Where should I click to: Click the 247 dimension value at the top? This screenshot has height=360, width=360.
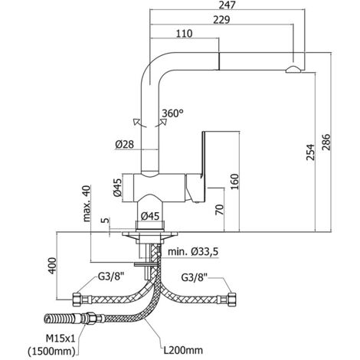[x=227, y=5]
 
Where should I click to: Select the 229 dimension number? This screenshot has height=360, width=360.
[x=221, y=20]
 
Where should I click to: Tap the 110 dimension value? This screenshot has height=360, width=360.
[x=185, y=34]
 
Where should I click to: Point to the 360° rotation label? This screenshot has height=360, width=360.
[x=173, y=113]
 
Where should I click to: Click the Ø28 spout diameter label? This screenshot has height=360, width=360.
[x=124, y=145]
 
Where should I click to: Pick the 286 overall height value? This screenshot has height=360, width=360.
[x=326, y=142]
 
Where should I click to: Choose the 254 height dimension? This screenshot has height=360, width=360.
[x=310, y=152]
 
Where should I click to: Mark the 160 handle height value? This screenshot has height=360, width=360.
[x=234, y=182]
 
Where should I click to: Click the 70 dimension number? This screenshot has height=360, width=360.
[x=219, y=209]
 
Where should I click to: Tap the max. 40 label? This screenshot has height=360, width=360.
[x=87, y=204]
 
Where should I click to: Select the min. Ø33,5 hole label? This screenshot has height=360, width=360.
[x=193, y=252]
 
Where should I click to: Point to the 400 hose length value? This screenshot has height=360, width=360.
[x=52, y=266]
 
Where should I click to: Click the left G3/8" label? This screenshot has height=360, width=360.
[x=111, y=277]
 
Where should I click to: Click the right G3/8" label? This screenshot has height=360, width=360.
[x=195, y=277]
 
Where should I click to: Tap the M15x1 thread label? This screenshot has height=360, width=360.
[x=61, y=339]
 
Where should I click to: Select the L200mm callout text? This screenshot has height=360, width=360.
[x=183, y=350]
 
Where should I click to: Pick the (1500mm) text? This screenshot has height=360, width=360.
[x=51, y=352]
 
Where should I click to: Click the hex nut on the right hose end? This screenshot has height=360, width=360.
[x=231, y=299]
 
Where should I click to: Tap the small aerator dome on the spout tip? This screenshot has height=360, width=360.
[x=293, y=70]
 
